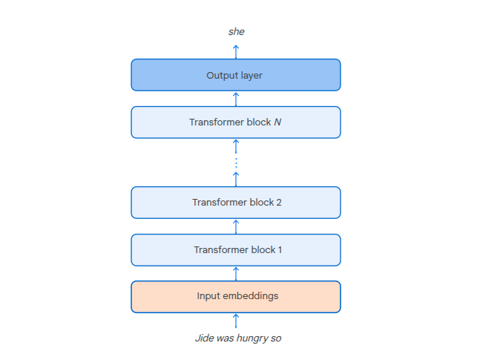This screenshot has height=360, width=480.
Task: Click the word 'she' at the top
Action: (236, 32)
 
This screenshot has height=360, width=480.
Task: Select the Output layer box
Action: (236, 75)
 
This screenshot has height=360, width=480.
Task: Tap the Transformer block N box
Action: (236, 122)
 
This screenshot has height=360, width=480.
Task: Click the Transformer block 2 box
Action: (236, 203)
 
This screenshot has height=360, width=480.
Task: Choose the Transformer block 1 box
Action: (236, 250)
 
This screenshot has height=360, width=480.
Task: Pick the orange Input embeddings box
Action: (236, 296)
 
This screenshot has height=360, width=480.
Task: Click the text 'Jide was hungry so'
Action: (238, 338)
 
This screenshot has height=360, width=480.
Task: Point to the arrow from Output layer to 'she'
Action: (236, 51)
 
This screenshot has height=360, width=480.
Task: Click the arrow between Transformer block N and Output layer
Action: (236, 99)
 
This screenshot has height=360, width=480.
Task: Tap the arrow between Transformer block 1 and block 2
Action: (236, 226)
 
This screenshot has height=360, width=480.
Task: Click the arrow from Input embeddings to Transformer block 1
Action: (236, 273)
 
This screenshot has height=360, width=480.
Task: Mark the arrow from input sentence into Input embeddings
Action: (236, 321)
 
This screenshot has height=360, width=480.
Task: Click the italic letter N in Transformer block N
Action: (277, 122)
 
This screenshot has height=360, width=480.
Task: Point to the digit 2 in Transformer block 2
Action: (278, 203)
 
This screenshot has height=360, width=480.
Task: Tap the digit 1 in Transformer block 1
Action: (279, 250)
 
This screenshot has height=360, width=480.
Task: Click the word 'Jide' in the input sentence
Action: (204, 338)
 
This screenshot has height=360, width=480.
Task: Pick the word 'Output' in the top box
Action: (220, 75)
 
